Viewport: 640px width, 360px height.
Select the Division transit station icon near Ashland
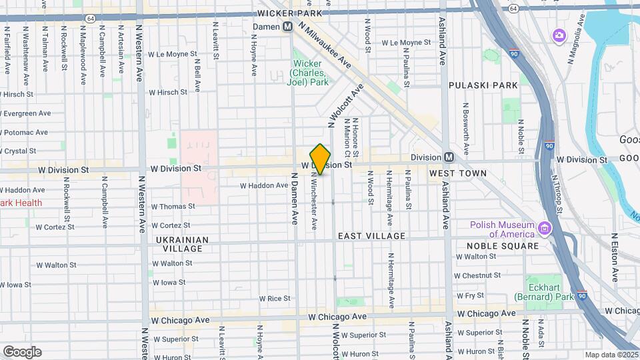[x=449, y=157]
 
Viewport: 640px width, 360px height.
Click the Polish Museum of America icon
[x=545, y=229]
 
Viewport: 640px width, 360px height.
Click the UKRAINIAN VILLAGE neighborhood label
[x=183, y=244]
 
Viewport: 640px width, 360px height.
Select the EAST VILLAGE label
[x=371, y=236]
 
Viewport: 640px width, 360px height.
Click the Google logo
[x=22, y=352]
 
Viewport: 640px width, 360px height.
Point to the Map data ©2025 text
[x=611, y=355]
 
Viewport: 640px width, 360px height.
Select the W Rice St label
[x=275, y=299]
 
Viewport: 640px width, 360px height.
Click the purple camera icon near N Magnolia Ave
[x=559, y=35]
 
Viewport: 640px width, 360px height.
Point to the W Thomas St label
[x=172, y=207]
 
